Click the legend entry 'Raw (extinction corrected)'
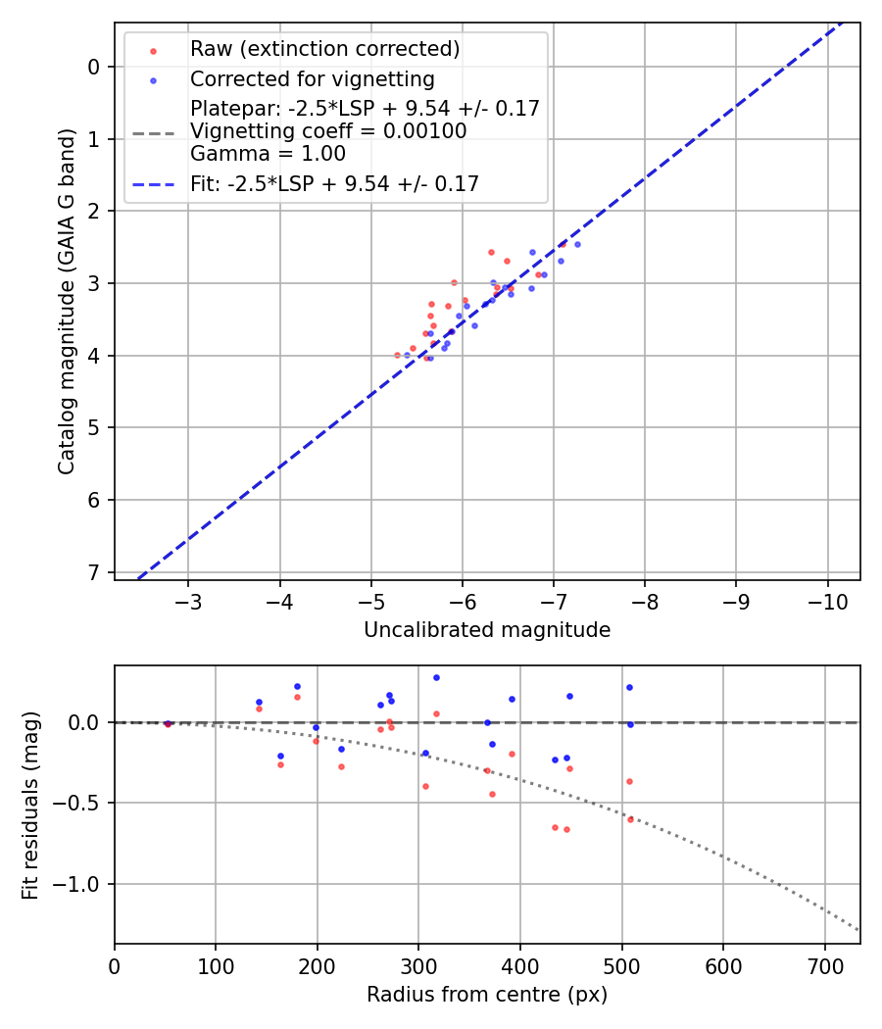324,49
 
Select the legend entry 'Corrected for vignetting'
313,78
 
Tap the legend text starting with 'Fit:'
334,183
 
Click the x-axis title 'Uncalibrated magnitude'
487,630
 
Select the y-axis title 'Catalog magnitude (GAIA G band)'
66,300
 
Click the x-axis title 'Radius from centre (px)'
487,995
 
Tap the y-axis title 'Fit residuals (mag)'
30,805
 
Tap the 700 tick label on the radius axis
824,965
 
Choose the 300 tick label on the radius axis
418,965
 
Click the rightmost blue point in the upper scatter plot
577,244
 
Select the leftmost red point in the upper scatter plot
397,355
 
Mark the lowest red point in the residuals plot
566,829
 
